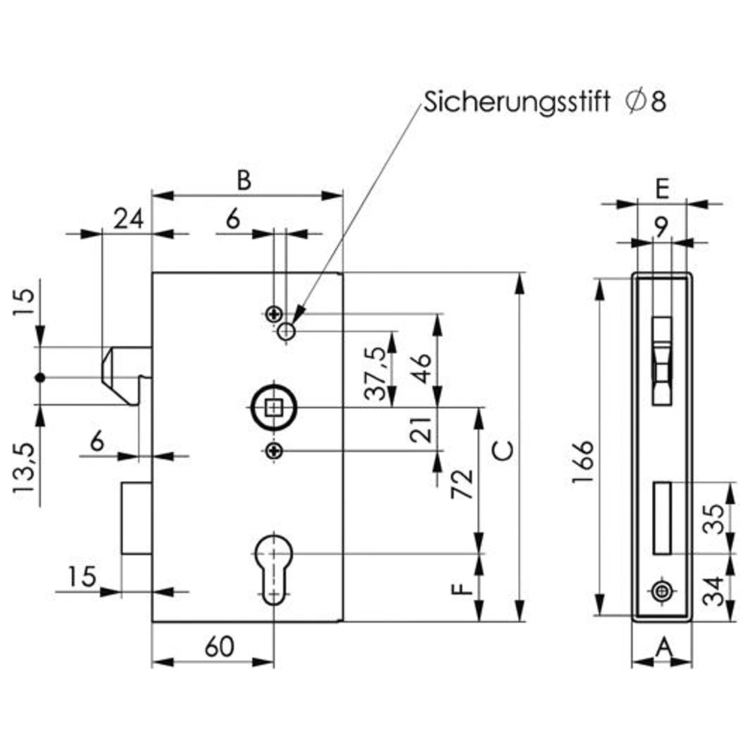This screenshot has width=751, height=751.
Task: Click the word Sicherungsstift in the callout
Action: pyautogui.click(x=517, y=102)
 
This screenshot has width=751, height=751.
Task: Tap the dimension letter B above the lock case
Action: pyautogui.click(x=244, y=181)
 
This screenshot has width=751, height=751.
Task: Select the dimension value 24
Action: pyautogui.click(x=129, y=219)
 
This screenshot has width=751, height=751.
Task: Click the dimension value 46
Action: pyautogui.click(x=421, y=369)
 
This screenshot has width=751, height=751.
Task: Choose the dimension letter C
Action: pyautogui.click(x=504, y=451)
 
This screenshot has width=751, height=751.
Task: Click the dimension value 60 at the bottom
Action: pyautogui.click(x=220, y=647)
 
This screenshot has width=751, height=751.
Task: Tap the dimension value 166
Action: pyautogui.click(x=584, y=462)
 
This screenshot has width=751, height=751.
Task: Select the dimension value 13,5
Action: pyautogui.click(x=24, y=469)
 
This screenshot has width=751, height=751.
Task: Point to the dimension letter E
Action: pyautogui.click(x=662, y=189)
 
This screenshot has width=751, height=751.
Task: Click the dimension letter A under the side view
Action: pyautogui.click(x=664, y=650)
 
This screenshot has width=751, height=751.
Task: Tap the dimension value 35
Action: pyautogui.click(x=715, y=518)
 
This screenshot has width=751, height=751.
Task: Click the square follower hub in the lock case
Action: pyautogui.click(x=273, y=408)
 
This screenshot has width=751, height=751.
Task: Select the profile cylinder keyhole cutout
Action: pyautogui.click(x=273, y=569)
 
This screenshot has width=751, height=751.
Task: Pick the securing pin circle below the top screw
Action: pyautogui.click(x=286, y=331)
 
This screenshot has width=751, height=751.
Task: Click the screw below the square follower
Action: pyautogui.click(x=273, y=451)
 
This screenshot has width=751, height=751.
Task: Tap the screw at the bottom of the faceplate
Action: pyautogui.click(x=662, y=592)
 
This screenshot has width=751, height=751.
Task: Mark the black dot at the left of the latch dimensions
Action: pyautogui.click(x=41, y=378)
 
